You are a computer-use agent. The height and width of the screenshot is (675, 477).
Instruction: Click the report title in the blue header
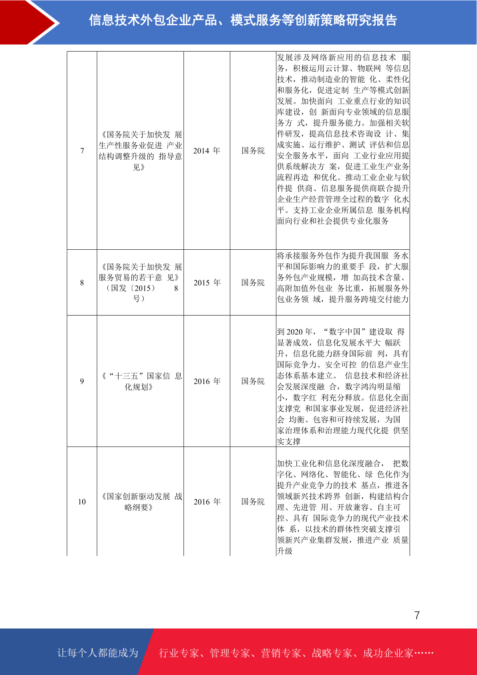point(243,20)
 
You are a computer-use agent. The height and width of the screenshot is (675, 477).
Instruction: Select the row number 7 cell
point(82,151)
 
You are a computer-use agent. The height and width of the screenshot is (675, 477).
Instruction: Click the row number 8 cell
point(82,283)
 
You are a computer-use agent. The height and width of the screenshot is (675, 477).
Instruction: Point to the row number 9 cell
point(82,381)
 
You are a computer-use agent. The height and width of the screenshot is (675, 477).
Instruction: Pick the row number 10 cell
point(82,502)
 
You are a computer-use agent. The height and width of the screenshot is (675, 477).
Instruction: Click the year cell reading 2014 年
point(207,151)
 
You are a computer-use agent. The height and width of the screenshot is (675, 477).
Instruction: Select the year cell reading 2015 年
point(207,283)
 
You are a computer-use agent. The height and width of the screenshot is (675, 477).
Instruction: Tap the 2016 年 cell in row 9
point(207,381)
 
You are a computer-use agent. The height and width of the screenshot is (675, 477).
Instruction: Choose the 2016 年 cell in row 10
point(207,502)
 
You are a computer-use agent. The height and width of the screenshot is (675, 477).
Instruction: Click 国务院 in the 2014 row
point(253,151)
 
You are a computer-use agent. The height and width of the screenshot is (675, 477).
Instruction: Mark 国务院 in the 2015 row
point(253,283)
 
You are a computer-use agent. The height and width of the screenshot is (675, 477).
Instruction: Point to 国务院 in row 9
point(253,381)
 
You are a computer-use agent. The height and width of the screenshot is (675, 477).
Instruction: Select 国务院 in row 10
point(253,502)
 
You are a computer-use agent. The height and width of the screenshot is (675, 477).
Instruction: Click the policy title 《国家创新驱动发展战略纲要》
point(140,502)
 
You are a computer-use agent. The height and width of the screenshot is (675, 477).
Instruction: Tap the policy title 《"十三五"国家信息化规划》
point(140,381)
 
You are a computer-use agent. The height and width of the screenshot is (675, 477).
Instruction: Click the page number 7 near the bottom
point(417,615)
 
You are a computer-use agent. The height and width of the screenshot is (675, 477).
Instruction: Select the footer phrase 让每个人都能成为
point(98,653)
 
